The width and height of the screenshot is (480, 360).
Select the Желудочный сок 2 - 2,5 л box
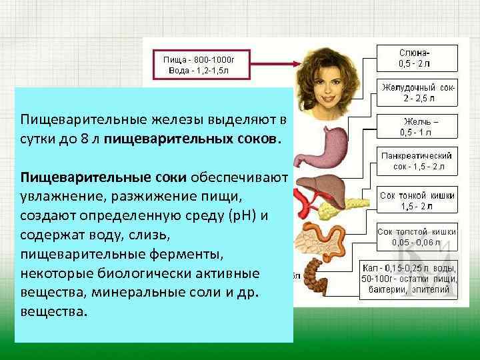418,93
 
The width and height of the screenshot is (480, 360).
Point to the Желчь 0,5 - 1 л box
419,127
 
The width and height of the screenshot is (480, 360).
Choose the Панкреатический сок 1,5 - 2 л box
417,161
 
